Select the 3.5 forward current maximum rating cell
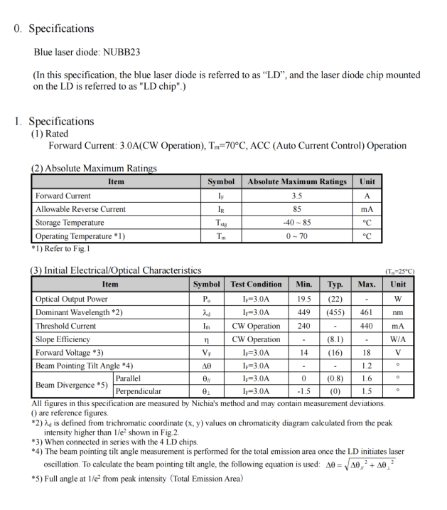[297, 196]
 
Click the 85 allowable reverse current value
[297, 209]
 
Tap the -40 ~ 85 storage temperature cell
[297, 223]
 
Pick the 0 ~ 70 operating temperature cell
[297, 236]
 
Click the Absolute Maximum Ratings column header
[297, 182]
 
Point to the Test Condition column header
[256, 285]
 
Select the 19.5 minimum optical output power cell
[303, 299]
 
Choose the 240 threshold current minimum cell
[303, 326]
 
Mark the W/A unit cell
[398, 339]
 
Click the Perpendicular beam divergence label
[138, 391]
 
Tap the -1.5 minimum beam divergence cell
[303, 391]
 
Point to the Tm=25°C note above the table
[399, 272]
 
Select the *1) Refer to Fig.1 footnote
[60, 249]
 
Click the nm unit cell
[398, 312]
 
